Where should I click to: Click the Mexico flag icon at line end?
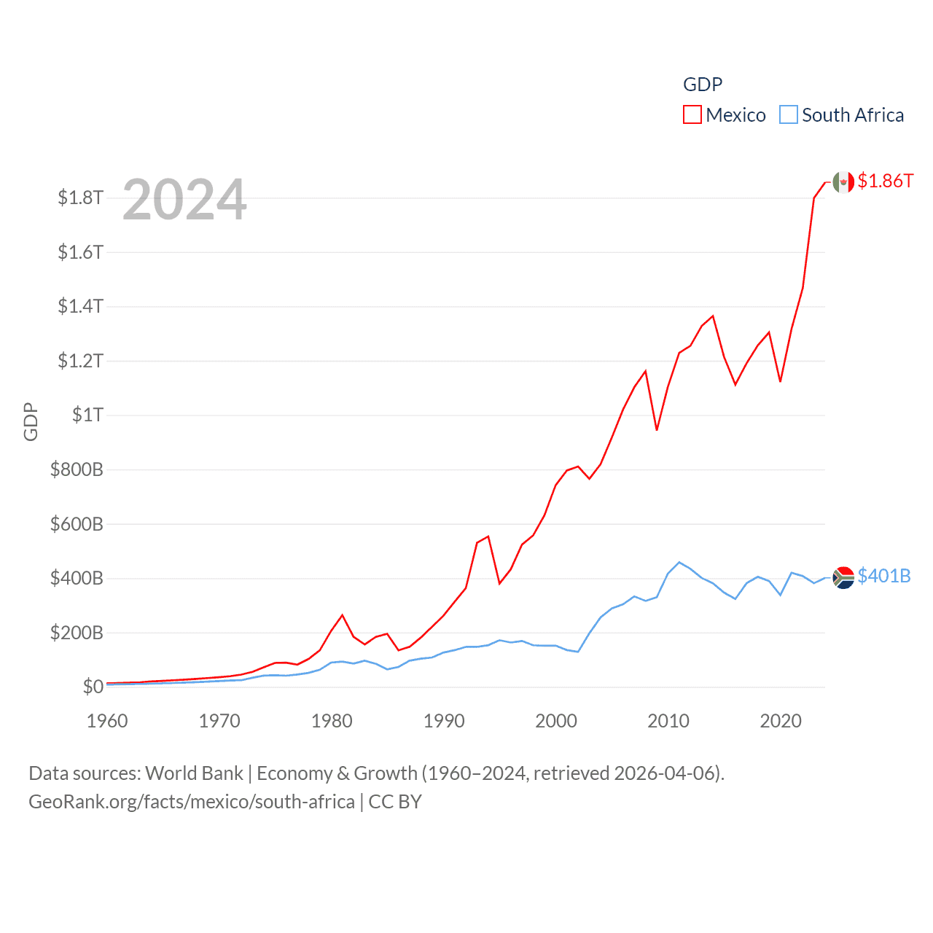coord(843,182)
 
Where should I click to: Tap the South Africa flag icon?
coord(843,577)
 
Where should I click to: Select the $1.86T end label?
coord(885,181)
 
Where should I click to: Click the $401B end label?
coord(883,576)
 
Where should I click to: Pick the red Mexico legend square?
coord(692,115)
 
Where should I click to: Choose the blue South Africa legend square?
coord(788,115)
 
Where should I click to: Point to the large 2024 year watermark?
coord(184,200)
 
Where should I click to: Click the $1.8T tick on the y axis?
coord(81,198)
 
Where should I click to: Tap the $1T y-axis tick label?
coord(87,415)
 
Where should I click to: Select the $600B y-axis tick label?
coord(77,524)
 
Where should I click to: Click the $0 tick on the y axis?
coord(93,687)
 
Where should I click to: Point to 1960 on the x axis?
coord(107,721)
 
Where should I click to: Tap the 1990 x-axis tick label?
coord(444,721)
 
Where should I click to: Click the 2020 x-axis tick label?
coord(781,721)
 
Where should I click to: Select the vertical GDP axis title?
coord(31,421)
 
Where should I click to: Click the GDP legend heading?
coord(703,85)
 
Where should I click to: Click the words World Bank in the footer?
coord(194,773)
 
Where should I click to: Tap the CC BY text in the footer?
coord(395,802)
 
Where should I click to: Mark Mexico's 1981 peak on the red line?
coord(343,615)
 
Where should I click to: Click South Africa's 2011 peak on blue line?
coord(679,562)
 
